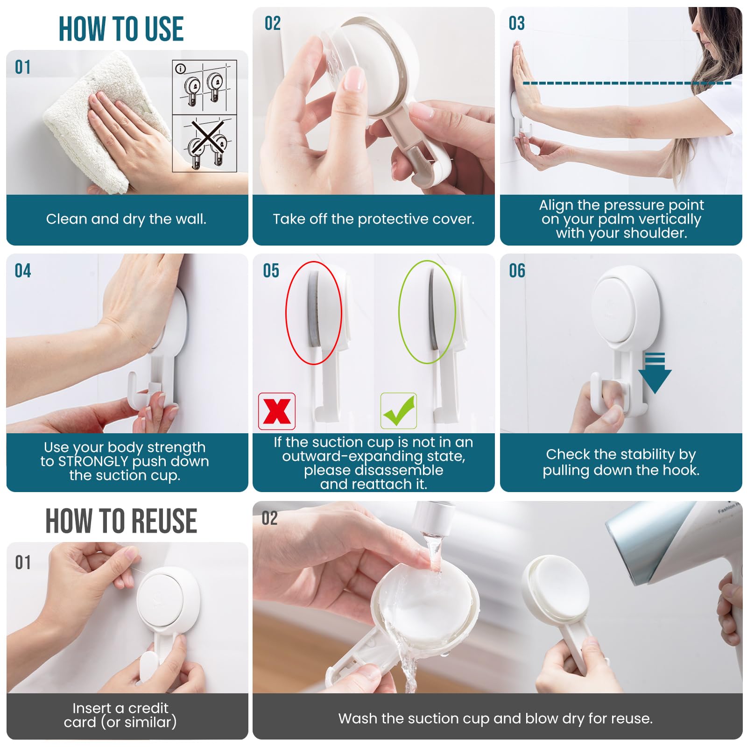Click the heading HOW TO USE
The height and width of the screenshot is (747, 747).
(121, 29)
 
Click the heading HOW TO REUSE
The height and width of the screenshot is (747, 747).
(121, 521)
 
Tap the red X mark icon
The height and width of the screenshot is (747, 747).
(277, 411)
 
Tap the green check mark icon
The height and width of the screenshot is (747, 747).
(399, 411)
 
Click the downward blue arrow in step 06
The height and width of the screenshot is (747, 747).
(655, 373)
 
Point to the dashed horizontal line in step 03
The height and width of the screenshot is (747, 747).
(627, 83)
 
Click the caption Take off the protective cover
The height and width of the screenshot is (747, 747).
(373, 219)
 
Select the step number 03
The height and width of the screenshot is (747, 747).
(517, 23)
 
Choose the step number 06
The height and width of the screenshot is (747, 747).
(517, 271)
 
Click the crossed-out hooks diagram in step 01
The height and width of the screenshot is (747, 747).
(205, 143)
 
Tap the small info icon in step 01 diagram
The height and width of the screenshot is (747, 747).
(180, 69)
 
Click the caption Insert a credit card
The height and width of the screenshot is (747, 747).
(120, 715)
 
